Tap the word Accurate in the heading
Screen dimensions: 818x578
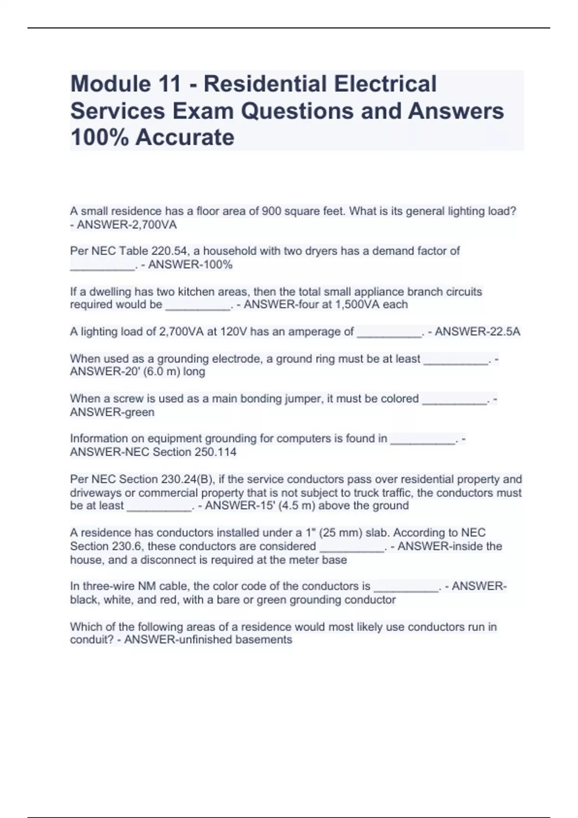[x=184, y=137]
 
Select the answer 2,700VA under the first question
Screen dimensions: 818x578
[x=154, y=225]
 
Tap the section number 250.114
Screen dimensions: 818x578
[x=215, y=452]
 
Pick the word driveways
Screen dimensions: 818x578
[x=96, y=493]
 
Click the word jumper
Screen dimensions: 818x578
[x=302, y=399]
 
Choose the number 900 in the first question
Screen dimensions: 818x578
[x=269, y=211]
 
